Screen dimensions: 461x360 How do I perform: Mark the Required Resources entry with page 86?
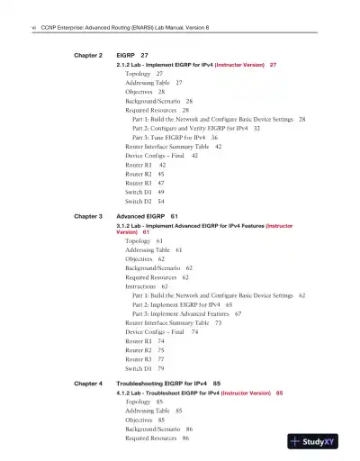(152, 438)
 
